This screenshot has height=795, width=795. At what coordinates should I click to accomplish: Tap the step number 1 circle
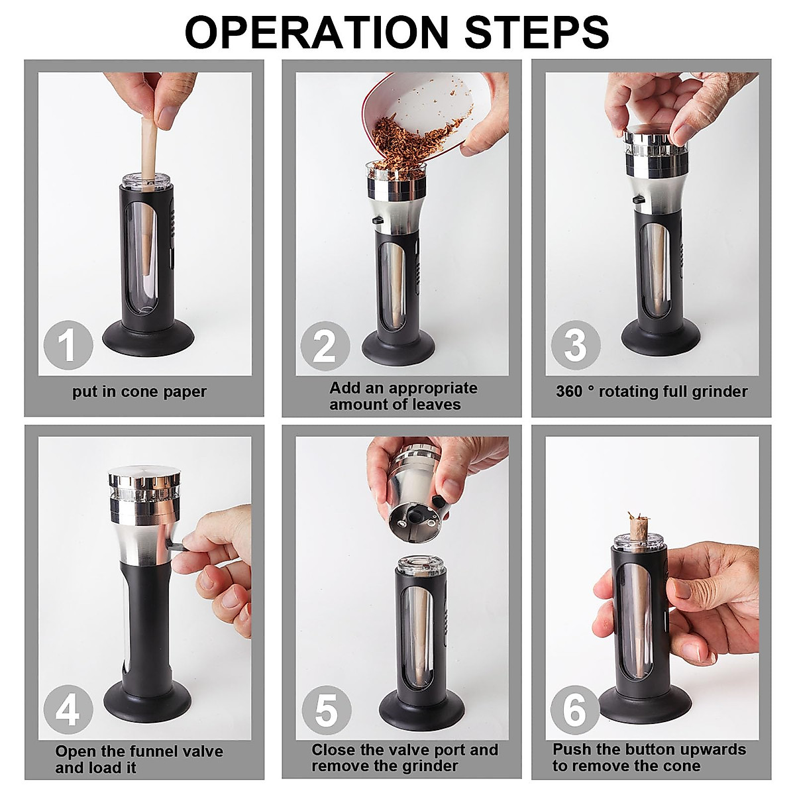coord(67,345)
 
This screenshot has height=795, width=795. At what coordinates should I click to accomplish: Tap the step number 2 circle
coord(324,345)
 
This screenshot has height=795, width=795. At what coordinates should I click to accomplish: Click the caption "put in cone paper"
coord(139,392)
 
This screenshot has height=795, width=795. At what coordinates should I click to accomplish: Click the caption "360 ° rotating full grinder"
coord(651,392)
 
